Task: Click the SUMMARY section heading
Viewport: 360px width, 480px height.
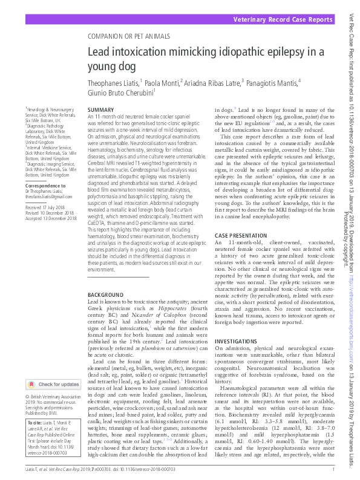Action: coord(101,109)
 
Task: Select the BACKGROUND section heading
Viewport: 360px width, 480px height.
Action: coord(105,294)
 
